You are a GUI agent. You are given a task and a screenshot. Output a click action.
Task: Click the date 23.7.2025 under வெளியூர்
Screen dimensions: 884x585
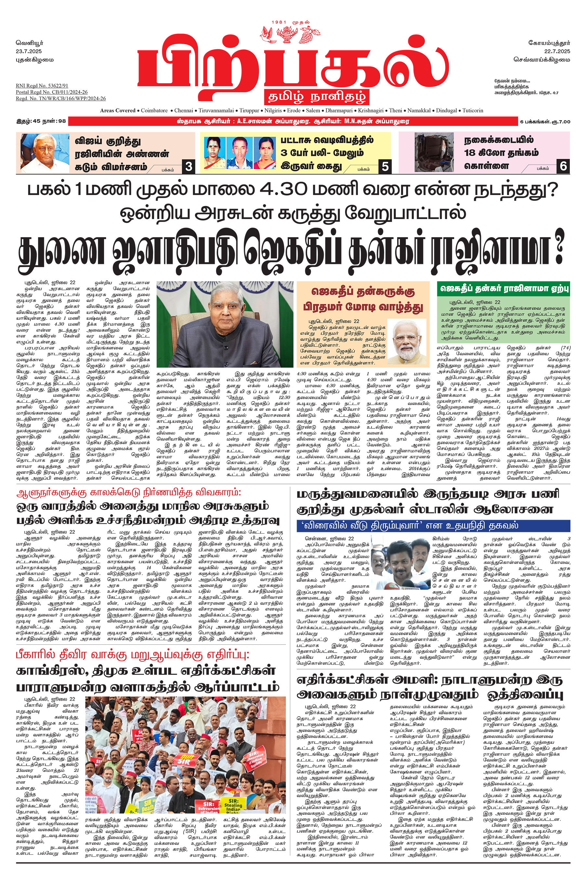coord(29,51)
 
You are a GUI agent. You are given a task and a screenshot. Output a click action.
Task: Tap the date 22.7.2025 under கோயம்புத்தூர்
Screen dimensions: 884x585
coord(557,51)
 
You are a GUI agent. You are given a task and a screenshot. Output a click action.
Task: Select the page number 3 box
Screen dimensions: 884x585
coord(189,166)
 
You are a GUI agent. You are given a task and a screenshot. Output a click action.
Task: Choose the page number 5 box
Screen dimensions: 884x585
coord(385,166)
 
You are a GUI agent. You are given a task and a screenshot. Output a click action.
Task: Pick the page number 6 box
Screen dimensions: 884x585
coord(563,166)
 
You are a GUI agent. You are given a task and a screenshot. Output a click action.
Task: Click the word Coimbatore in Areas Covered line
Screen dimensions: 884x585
coord(154,110)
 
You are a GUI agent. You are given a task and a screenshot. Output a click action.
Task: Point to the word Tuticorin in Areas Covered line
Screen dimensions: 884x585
coord(473,110)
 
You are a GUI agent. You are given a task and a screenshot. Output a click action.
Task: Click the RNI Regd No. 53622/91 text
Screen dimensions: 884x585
coord(42,86)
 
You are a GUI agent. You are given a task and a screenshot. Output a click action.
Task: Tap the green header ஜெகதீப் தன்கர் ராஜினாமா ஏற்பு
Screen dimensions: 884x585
coord(503,289)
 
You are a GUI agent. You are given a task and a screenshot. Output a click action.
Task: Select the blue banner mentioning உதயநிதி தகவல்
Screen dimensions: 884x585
coord(433,526)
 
